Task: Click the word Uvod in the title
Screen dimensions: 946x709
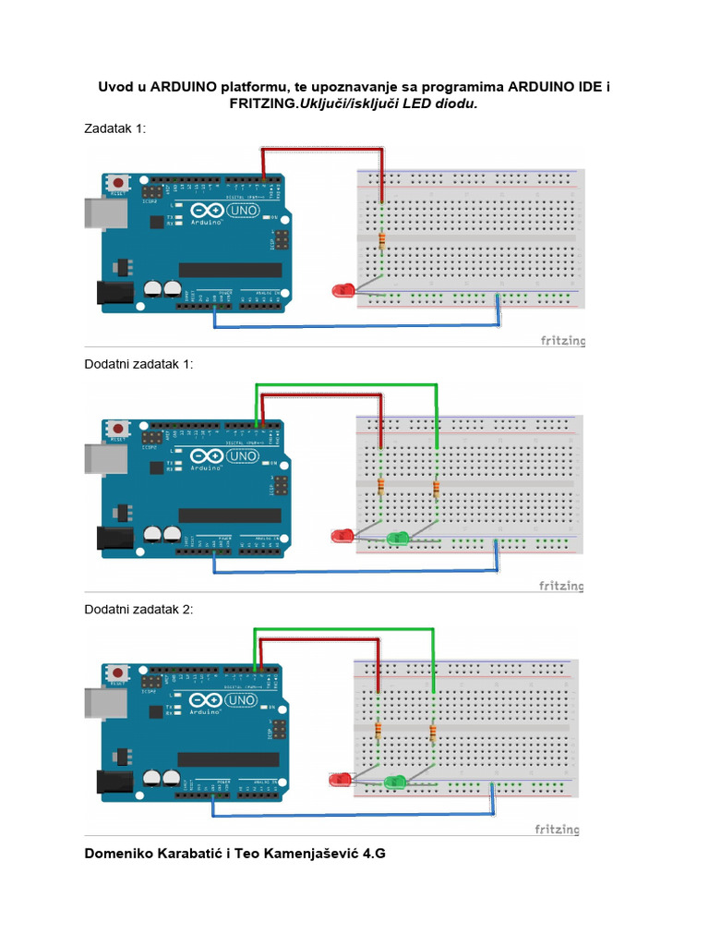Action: [x=115, y=87]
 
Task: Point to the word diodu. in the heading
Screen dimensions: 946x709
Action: [x=457, y=104]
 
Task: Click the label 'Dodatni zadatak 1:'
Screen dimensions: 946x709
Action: [x=138, y=364]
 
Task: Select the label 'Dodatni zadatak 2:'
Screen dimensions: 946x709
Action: [x=138, y=609]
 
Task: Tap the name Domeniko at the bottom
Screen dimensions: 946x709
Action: [x=122, y=853]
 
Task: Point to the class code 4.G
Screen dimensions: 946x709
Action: [x=372, y=853]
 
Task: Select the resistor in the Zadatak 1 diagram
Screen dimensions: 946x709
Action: [x=381, y=242]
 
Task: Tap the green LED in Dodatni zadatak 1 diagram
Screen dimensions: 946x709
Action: [x=398, y=537]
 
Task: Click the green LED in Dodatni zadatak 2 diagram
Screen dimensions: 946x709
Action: [x=395, y=782]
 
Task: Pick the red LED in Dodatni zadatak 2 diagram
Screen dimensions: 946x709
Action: [x=340, y=780]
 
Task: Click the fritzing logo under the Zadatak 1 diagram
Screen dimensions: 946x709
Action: [x=562, y=341]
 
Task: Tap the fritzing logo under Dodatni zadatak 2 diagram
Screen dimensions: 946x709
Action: [x=558, y=830]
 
